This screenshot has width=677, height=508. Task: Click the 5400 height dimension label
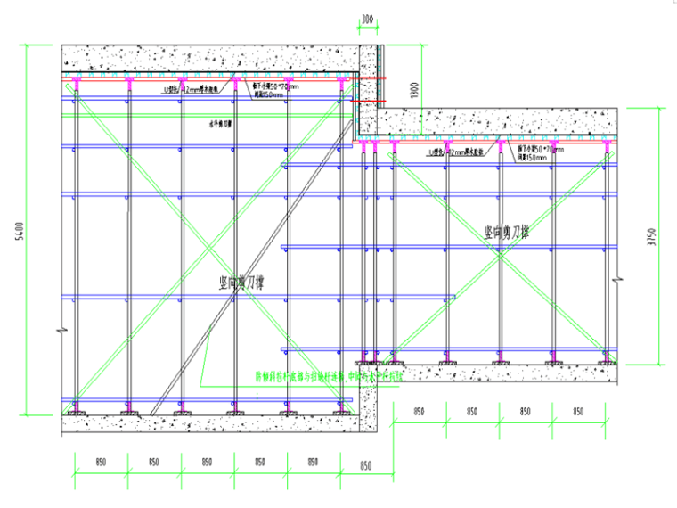point(34,230)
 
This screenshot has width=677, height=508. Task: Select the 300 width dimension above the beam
point(367,20)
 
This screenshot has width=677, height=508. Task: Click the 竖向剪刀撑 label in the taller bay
point(247,283)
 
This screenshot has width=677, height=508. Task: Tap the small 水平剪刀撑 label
point(220,126)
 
